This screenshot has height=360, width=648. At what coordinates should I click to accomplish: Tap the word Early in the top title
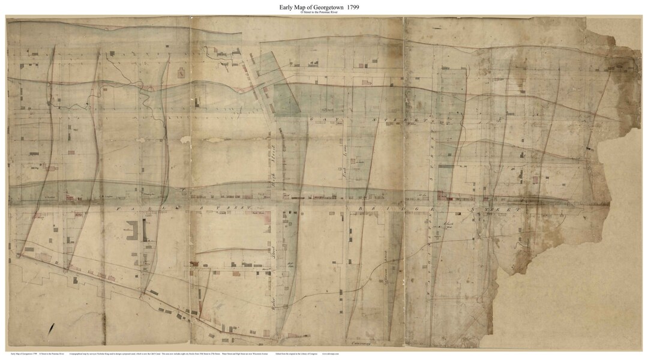point(281,7)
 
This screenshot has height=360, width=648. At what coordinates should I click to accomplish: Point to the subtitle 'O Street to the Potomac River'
point(323,14)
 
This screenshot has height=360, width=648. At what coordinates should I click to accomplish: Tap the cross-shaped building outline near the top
point(181,73)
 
